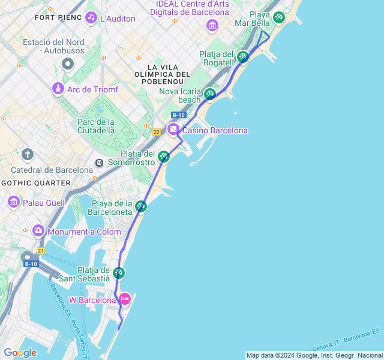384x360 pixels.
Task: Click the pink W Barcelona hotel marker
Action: pos(125,298)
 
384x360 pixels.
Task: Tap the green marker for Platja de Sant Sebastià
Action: pos(119,273)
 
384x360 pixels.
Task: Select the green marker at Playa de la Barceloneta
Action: pos(141,206)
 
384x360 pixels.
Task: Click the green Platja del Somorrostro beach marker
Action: pos(164,157)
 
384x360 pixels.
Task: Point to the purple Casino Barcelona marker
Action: pos(173,129)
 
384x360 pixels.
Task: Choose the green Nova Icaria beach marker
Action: pos(209,94)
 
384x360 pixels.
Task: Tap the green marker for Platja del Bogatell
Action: pos(242,57)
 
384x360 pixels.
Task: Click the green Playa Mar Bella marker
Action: pos(278,17)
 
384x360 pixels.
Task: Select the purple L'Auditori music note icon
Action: pos(91,17)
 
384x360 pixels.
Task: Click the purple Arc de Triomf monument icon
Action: pos(58,89)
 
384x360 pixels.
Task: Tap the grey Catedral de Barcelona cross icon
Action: pos(27,154)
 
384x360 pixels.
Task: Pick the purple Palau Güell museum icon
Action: pos(14,202)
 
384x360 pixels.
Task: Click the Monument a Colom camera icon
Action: pos(38,230)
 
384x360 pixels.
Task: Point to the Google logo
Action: pos(20,353)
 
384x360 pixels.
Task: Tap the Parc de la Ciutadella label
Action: pos(96,125)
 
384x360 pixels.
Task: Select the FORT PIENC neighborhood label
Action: pos(58,17)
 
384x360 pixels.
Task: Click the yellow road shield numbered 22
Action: pos(156,132)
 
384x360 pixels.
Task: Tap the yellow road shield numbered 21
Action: pos(41,250)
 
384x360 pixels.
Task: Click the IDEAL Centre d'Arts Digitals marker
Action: pos(212,25)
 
